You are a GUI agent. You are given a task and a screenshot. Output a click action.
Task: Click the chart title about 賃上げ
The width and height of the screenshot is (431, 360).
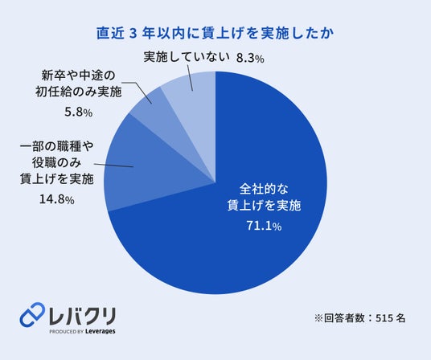215,34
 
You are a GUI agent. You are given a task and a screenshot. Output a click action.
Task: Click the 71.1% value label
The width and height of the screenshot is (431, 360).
264,226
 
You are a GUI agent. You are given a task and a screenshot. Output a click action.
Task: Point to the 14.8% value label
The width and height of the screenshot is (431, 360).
57,199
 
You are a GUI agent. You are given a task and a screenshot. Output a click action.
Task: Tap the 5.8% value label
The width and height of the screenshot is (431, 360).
79,112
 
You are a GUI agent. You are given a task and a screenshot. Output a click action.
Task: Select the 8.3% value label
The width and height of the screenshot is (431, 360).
250,59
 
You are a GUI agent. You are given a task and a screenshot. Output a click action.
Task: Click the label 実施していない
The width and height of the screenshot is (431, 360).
187,57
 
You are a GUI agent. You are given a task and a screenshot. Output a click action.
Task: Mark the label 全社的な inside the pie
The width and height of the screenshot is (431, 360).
264,189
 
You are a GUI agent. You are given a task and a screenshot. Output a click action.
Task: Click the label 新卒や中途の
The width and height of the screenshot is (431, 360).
78,76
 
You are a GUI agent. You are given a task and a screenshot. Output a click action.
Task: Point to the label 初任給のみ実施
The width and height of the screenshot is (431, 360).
78,92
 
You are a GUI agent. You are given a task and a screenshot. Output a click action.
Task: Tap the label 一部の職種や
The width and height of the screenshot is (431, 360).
56,146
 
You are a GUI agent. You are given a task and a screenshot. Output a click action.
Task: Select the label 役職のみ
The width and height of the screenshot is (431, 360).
56,163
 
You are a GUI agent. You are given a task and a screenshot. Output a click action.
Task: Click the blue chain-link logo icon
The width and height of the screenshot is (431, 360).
32,315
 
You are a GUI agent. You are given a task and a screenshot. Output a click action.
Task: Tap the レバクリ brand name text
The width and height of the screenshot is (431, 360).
82,316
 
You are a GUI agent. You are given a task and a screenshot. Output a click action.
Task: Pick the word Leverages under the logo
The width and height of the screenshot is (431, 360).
100,331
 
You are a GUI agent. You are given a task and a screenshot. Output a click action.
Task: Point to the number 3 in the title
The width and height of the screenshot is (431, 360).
133,34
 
